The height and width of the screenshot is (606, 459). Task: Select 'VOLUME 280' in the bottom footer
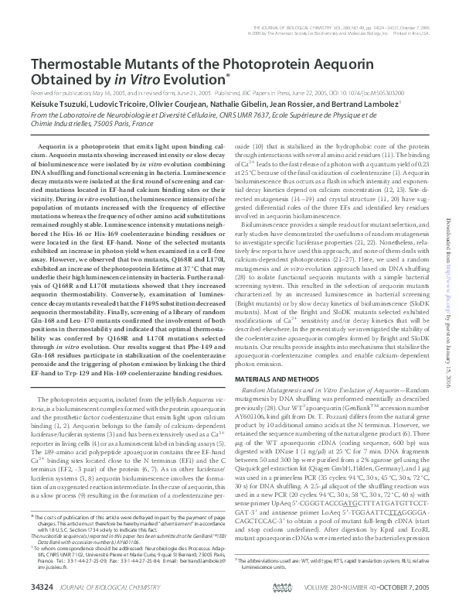[329, 588]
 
